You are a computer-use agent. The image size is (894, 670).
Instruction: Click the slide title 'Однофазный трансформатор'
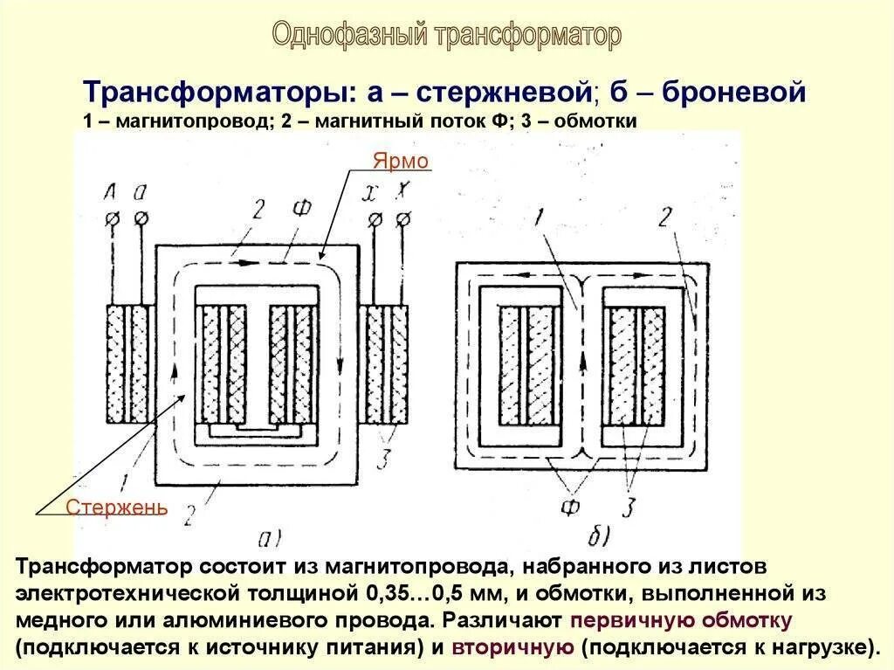[447, 35]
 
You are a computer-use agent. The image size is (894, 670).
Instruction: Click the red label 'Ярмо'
[402, 162]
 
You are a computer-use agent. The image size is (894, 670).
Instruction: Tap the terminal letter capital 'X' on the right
[402, 193]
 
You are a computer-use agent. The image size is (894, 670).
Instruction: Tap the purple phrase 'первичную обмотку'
[681, 621]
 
